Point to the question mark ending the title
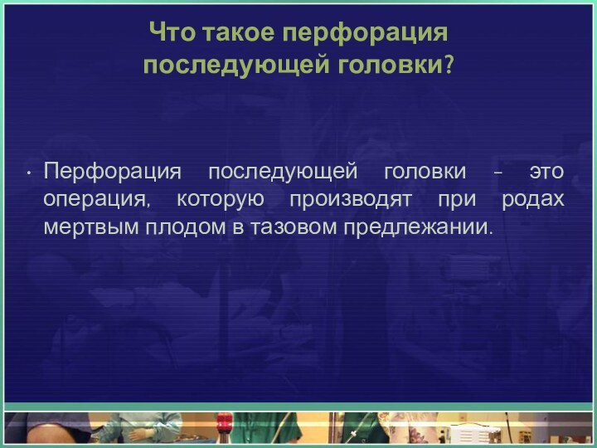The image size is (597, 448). coord(449,65)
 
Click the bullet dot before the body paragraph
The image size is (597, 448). coord(29,174)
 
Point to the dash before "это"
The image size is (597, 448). coord(498,173)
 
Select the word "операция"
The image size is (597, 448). coord(97,200)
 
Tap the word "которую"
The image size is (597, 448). coord(220,200)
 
